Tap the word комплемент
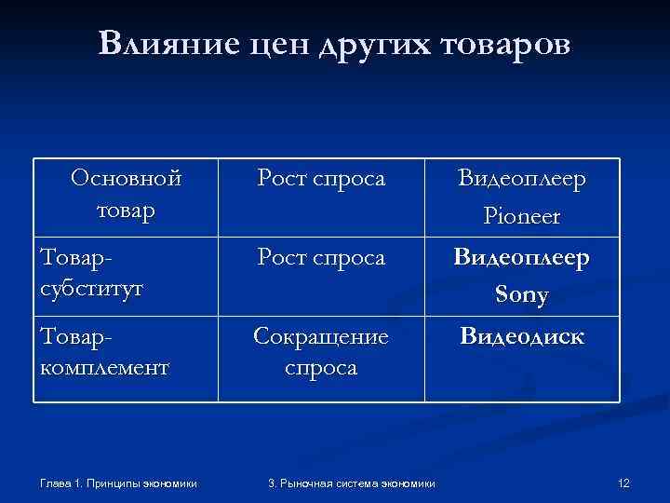click(104, 367)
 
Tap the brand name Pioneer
click(522, 216)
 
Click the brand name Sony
click(522, 295)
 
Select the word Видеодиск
click(522, 336)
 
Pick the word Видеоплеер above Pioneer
click(522, 180)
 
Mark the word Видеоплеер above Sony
click(522, 258)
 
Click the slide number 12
click(623, 482)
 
